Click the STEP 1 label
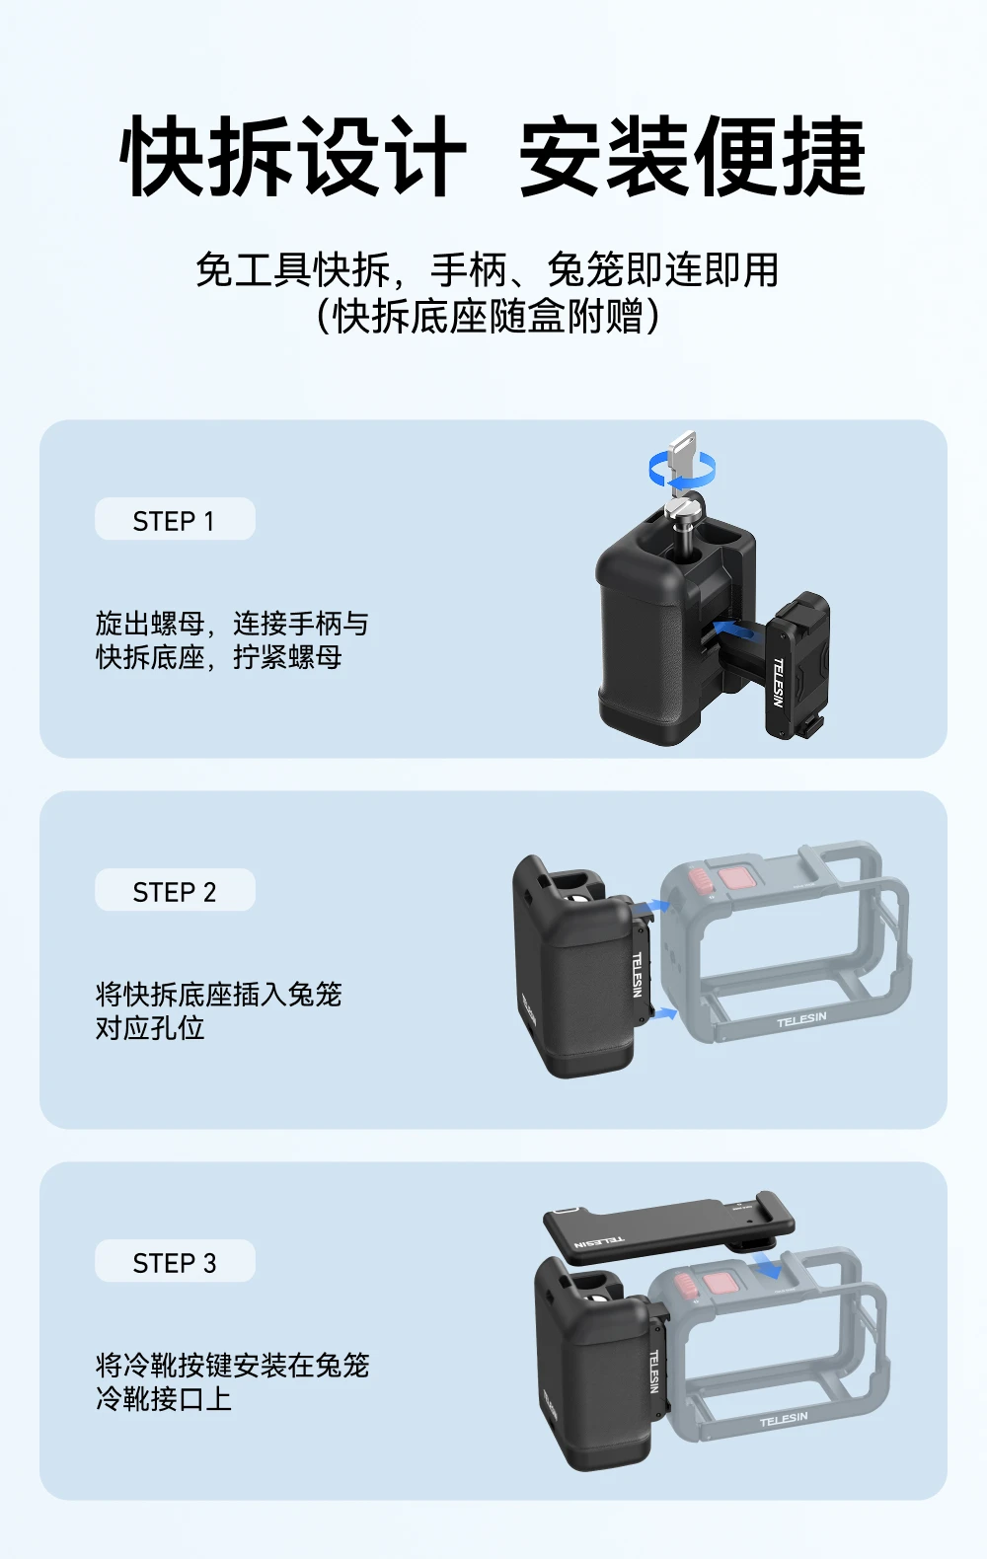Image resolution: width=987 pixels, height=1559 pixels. (x=174, y=521)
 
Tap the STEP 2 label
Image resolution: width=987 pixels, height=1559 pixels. (x=175, y=892)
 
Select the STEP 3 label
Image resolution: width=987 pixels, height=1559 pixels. (x=175, y=1263)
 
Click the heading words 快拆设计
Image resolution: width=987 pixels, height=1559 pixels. (x=292, y=155)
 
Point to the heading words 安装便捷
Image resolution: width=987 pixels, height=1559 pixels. (x=693, y=155)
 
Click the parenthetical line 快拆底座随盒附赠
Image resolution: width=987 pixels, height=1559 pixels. (x=488, y=317)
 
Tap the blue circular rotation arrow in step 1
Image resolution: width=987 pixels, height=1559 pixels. (x=682, y=468)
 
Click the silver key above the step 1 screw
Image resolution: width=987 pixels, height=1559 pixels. (x=682, y=460)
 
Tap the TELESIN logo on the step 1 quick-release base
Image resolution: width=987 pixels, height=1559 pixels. (x=778, y=683)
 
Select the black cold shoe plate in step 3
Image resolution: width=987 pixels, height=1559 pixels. (x=668, y=1227)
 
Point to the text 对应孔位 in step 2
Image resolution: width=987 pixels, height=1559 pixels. (x=150, y=1028)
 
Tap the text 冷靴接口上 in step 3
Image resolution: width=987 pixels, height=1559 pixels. (x=164, y=1399)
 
